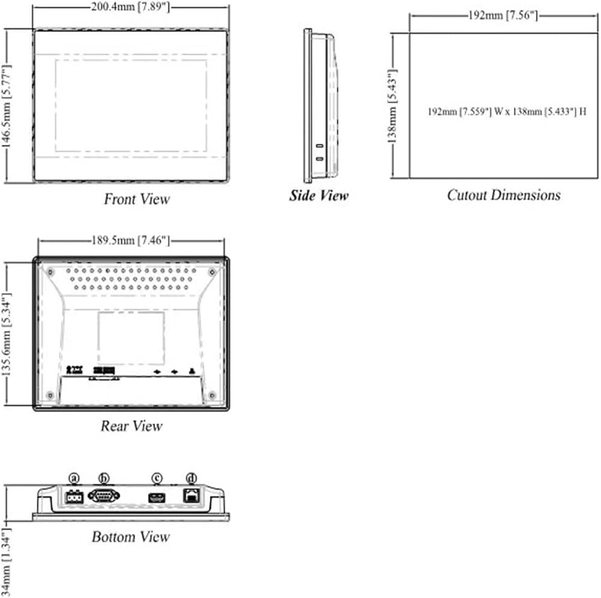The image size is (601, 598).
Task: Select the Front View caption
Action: coord(137,199)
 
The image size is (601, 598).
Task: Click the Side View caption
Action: coord(319,196)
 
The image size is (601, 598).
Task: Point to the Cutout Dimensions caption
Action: coord(504,195)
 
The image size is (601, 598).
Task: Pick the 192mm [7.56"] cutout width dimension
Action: coord(503,16)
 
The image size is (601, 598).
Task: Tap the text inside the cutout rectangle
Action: coord(507,112)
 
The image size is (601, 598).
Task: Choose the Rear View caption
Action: coord(131,426)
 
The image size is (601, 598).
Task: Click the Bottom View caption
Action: coord(130,537)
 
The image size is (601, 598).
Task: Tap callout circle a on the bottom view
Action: coord(75,478)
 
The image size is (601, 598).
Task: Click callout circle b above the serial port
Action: coord(104,478)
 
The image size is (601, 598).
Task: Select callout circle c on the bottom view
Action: coord(157,478)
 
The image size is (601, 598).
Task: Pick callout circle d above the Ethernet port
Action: coord(192,478)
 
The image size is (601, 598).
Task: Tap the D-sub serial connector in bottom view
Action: coord(104,496)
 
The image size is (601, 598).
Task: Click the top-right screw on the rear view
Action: coord(212,272)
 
